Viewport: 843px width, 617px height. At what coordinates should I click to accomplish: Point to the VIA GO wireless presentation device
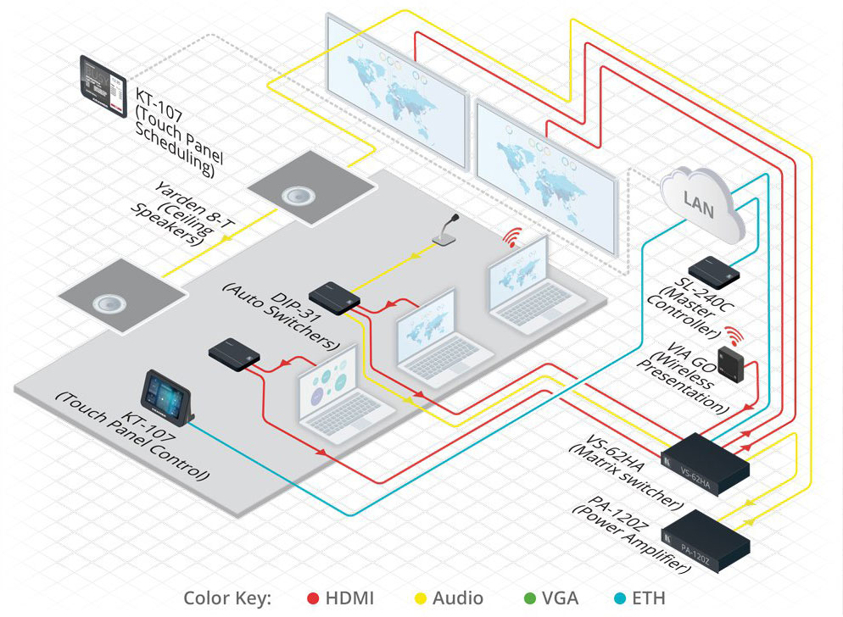coord(730,362)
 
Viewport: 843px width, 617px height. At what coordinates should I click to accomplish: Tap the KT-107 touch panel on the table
coord(168,397)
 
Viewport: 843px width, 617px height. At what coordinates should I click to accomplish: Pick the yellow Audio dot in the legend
coord(419,598)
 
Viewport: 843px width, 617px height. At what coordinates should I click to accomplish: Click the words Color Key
coord(227,598)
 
